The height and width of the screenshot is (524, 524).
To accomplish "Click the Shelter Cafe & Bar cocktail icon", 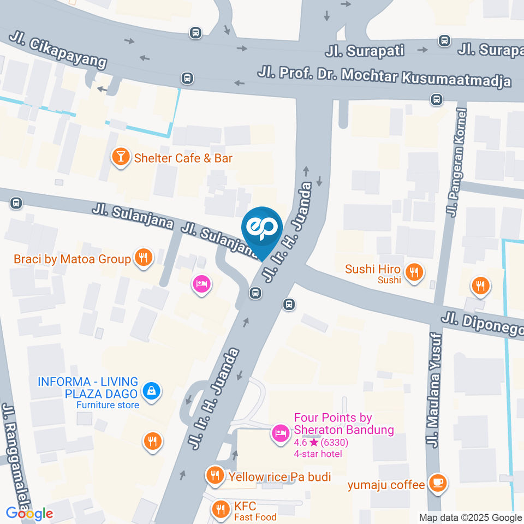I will coord(120,157).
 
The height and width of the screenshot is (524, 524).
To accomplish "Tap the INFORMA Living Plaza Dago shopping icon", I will coord(151,390).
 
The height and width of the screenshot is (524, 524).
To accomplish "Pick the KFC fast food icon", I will coord(221,509).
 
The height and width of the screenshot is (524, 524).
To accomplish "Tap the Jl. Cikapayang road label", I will coord(57,52).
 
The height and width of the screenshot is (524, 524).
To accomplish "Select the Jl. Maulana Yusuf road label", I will coord(436,391).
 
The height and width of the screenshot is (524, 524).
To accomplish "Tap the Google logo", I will coord(29,513).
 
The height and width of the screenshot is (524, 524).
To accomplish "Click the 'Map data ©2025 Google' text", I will coord(470,517).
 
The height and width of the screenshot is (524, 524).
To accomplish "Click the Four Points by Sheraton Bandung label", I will coord(343,424).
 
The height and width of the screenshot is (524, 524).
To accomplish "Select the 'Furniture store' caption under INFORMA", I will coord(108,405).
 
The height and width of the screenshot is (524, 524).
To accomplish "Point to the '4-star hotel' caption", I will coord(318,454).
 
